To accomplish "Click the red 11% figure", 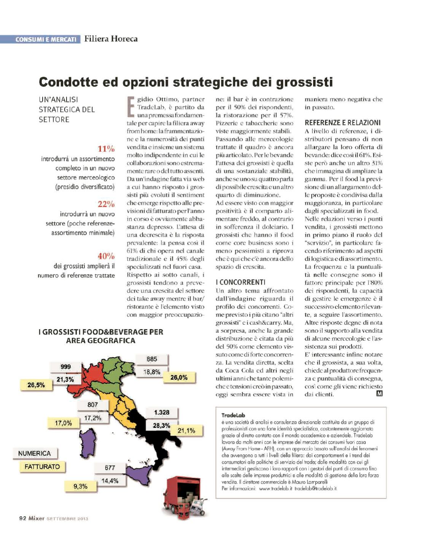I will coord(106,149).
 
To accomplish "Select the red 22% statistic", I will coord(106,204).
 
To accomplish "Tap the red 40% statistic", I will coord(106,256).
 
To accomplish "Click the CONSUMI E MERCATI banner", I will coord(46,39).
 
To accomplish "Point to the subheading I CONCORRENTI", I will coord(240,282).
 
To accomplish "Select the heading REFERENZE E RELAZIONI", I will coord(342,123).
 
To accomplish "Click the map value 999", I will coord(66,367).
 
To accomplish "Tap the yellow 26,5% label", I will coord(36,385).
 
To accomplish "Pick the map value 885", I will coord(152,359).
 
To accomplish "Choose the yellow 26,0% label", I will coord(179,377).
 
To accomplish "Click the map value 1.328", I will coord(161,412).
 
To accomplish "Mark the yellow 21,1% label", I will coord(186,431).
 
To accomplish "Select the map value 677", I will coord(110,468).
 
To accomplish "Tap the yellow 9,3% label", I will coord(80,486).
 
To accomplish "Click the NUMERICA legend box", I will coord(34,453).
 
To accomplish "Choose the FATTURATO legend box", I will coord(42,467).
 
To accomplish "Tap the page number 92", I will coord(22,518).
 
